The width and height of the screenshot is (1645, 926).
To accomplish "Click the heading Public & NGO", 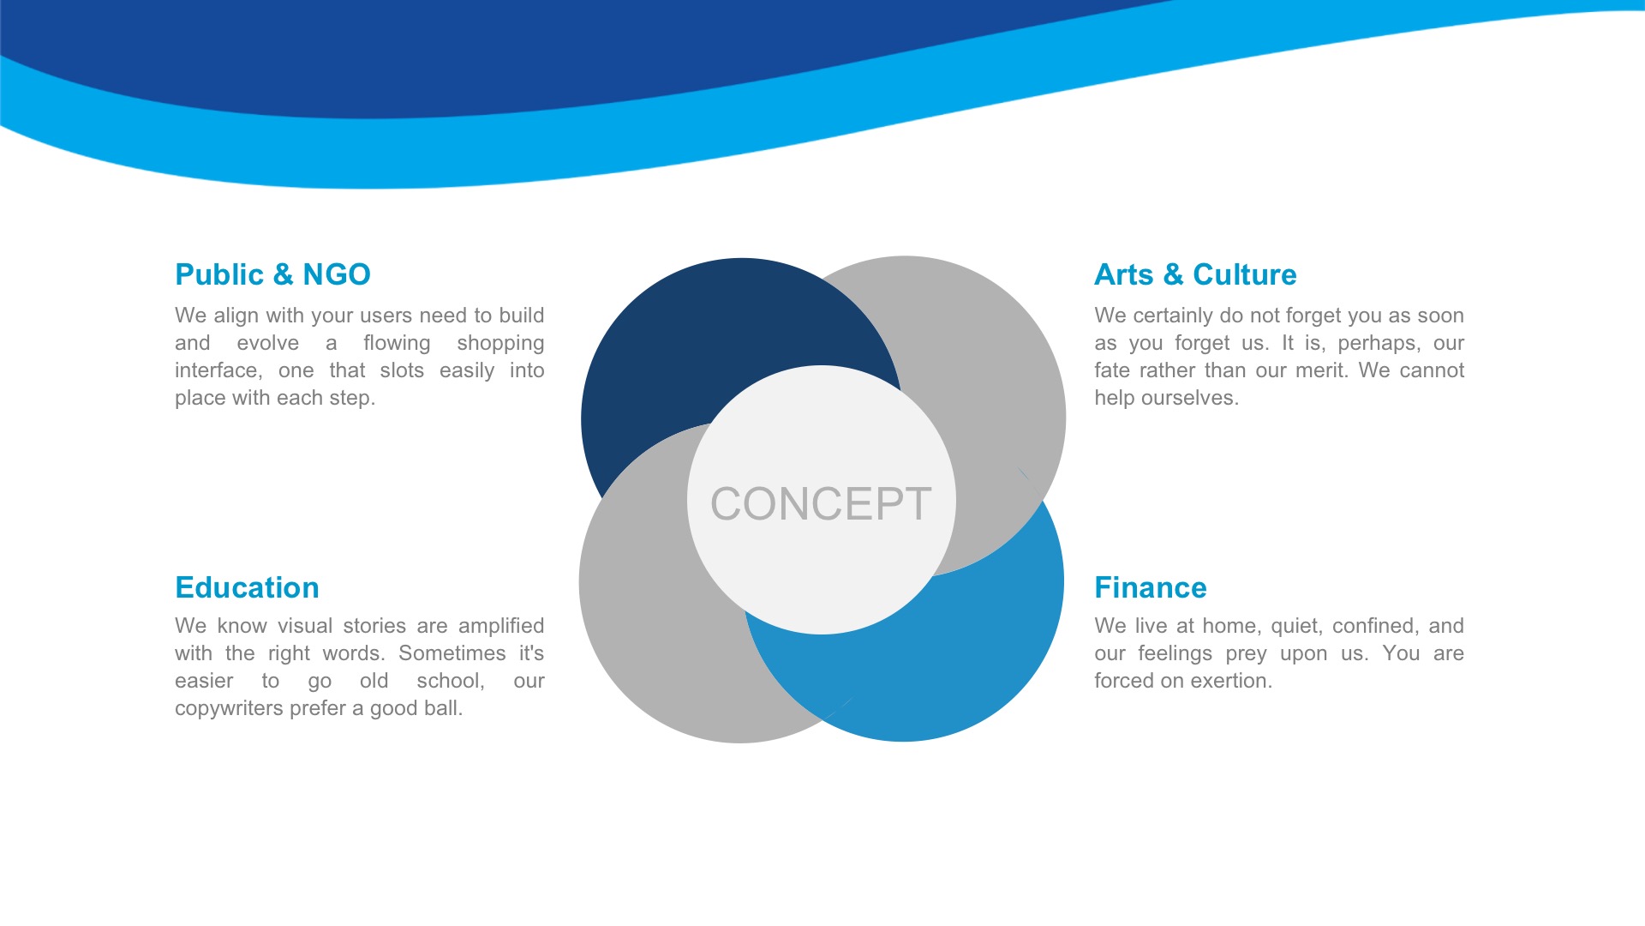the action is point(272,274).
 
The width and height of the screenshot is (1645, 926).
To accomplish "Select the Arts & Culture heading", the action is point(1195,274).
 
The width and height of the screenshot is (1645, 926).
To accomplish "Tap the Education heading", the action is point(247,587).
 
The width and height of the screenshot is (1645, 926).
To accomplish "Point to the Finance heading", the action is point(1151,587).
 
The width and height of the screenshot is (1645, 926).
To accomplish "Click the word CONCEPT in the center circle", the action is point(821,503).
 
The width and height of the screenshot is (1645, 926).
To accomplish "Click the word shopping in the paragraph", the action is point(500,344).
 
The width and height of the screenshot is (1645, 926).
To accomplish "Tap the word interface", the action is point(218,370).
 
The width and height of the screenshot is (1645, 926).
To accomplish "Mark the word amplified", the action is point(501,627).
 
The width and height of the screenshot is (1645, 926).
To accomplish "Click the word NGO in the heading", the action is point(337,274).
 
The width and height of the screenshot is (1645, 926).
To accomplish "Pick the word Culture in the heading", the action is point(1245,274).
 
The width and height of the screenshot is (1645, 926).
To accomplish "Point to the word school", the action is point(451,681).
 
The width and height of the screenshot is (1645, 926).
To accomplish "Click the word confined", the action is point(1375,627).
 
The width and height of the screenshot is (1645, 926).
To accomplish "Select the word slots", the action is point(402,370).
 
